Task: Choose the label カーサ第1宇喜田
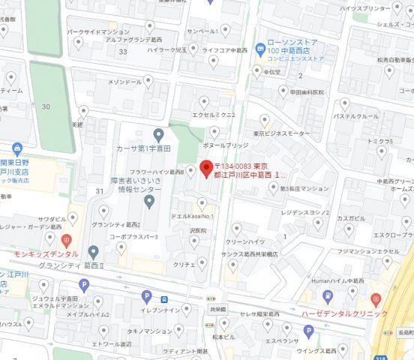[x=124, y=148]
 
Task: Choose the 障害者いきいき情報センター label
[x=132, y=184]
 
